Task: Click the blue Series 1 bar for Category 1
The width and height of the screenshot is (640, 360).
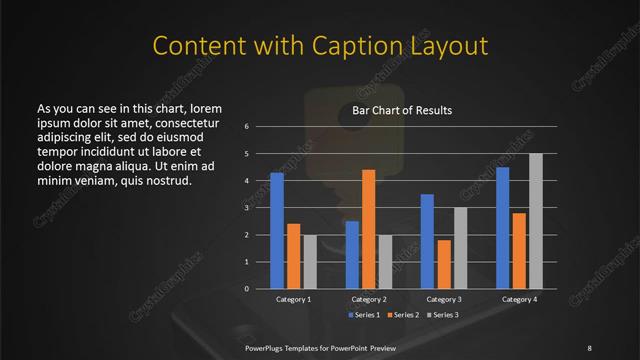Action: tap(277, 231)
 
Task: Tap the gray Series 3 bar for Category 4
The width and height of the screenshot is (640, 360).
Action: tap(535, 221)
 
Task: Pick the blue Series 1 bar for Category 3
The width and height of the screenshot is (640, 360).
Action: tap(427, 241)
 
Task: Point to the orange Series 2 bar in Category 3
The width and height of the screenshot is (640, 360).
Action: tap(443, 264)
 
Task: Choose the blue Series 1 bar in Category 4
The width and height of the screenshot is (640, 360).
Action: tap(502, 228)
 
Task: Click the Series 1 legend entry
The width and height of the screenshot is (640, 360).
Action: tap(363, 315)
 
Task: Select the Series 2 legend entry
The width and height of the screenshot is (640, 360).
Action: tap(403, 315)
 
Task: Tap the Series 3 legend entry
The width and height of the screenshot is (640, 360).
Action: tap(443, 315)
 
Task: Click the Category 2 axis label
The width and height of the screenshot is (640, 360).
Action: tap(369, 299)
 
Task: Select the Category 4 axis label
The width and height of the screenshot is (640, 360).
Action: tap(519, 299)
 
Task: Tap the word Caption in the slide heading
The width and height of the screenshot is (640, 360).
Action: tap(355, 46)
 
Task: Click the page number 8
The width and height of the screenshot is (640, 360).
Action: tap(589, 347)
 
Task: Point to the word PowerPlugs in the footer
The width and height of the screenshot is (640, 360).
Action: tap(268, 347)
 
